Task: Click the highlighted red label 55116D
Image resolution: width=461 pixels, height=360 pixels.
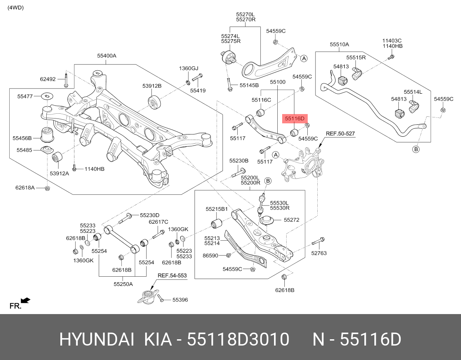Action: click(294, 119)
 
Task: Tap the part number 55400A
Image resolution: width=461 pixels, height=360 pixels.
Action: click(107, 56)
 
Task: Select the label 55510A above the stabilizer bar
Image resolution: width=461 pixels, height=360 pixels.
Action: click(339, 44)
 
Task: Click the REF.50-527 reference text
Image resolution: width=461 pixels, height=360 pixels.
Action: click(340, 133)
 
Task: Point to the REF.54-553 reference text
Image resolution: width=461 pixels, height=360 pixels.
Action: click(172, 276)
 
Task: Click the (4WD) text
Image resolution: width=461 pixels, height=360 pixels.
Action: click(16, 7)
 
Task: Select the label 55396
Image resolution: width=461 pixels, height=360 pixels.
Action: click(180, 300)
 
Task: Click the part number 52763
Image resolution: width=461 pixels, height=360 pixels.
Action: click(319, 253)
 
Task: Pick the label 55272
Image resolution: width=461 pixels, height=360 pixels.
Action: click(291, 220)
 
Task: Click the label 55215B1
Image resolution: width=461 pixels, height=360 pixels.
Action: click(217, 209)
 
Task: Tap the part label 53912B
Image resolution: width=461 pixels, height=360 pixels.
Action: click(152, 86)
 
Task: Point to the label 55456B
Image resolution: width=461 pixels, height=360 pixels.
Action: click(22, 138)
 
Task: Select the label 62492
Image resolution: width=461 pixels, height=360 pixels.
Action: click(48, 79)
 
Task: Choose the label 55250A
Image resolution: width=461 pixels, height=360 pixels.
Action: click(123, 284)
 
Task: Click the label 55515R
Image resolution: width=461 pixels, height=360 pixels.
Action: click(356, 57)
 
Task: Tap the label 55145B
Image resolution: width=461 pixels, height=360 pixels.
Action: click(249, 85)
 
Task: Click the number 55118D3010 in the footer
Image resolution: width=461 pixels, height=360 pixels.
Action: click(238, 340)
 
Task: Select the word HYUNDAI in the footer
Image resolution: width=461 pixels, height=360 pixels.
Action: click(97, 340)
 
